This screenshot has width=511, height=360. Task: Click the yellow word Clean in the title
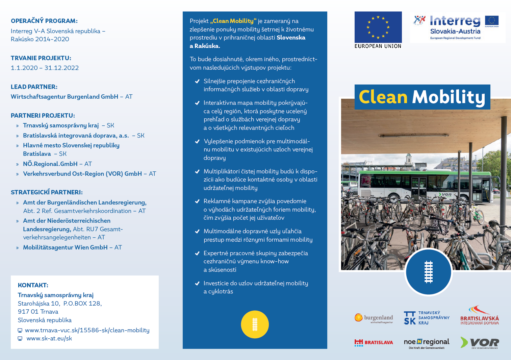[383, 97]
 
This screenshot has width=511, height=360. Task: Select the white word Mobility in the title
[449, 97]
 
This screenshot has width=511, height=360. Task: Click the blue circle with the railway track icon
[428, 272]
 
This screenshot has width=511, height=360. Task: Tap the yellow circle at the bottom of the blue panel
[255, 324]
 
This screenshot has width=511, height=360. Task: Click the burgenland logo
[374, 318]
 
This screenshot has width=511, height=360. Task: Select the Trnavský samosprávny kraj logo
[427, 318]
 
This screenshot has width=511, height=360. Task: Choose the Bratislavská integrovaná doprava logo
[479, 316]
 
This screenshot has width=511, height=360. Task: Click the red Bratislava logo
[374, 342]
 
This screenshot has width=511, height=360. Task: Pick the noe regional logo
[427, 343]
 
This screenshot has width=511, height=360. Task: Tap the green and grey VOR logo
[480, 342]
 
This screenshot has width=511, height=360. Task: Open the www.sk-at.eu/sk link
[49, 338]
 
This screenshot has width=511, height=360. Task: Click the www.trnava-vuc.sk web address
[87, 330]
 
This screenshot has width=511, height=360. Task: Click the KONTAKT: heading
[33, 285]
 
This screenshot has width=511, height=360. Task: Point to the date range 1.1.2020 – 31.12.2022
[45, 68]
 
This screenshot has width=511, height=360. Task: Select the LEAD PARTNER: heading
[34, 87]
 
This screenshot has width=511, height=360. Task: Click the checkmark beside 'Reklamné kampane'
[197, 201]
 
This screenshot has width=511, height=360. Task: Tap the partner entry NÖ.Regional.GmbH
[50, 164]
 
